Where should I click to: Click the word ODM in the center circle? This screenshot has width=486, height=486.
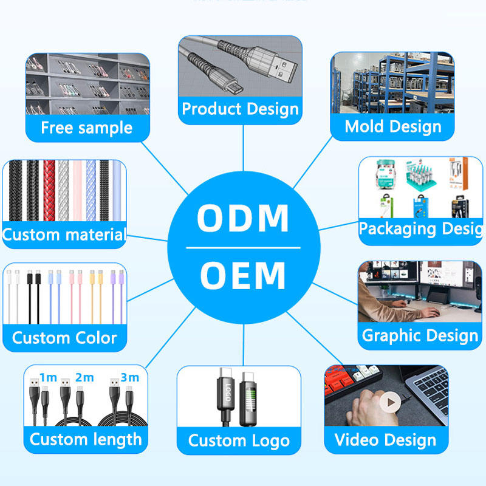click(243, 218)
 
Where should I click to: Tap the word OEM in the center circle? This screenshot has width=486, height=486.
click(243, 275)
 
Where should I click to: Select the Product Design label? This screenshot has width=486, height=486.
click(241, 109)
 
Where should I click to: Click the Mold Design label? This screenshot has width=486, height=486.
click(393, 126)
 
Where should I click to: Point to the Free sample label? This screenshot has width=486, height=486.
click(86, 128)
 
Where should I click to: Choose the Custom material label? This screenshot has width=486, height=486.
click(64, 234)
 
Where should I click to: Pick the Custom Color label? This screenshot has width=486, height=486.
click(64, 338)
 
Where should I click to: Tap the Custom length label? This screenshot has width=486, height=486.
click(86, 439)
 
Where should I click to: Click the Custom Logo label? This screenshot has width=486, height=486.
click(239, 440)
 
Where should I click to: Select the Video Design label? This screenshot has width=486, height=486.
click(386, 440)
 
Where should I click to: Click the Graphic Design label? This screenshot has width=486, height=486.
click(420, 335)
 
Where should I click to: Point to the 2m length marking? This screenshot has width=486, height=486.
click(84, 377)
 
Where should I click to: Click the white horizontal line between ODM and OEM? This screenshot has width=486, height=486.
click(243, 248)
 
